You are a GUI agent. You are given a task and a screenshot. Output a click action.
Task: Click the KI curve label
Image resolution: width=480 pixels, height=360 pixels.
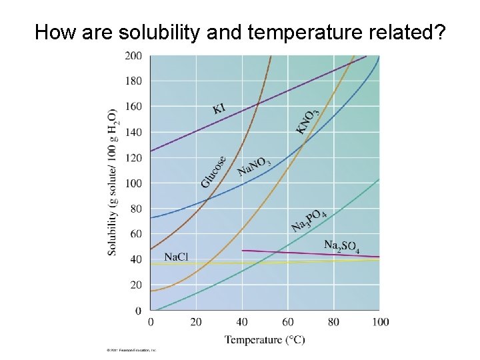219,107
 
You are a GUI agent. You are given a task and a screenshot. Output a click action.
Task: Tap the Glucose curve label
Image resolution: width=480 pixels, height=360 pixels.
214,171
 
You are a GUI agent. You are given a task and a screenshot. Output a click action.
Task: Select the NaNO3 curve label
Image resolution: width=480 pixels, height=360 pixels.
254,167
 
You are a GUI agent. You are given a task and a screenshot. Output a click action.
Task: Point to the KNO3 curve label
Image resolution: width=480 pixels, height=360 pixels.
307,121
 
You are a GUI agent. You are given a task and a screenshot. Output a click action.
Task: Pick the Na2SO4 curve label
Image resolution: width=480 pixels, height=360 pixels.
341,246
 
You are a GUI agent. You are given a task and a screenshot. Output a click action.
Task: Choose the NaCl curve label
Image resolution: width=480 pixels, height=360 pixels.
176,257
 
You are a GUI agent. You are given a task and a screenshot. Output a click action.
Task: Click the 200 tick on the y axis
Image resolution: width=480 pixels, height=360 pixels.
133,56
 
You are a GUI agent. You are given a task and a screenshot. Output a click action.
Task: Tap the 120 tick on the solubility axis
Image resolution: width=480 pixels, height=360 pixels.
133,158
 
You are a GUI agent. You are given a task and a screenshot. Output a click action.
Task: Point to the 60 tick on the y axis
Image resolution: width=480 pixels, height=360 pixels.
135,234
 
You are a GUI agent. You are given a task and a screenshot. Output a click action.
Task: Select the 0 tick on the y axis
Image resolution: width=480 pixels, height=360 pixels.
138,311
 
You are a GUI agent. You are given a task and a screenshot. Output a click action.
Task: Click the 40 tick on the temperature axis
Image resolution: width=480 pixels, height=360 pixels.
242,323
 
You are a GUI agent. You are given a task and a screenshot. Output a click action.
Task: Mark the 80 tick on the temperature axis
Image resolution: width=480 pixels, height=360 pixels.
333,323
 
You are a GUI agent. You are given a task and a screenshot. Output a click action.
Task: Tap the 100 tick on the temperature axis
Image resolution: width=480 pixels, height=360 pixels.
380,323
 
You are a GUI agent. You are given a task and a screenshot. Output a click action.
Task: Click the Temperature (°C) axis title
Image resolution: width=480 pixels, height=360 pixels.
265,340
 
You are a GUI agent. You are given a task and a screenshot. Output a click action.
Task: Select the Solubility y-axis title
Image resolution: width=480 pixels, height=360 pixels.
112,181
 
